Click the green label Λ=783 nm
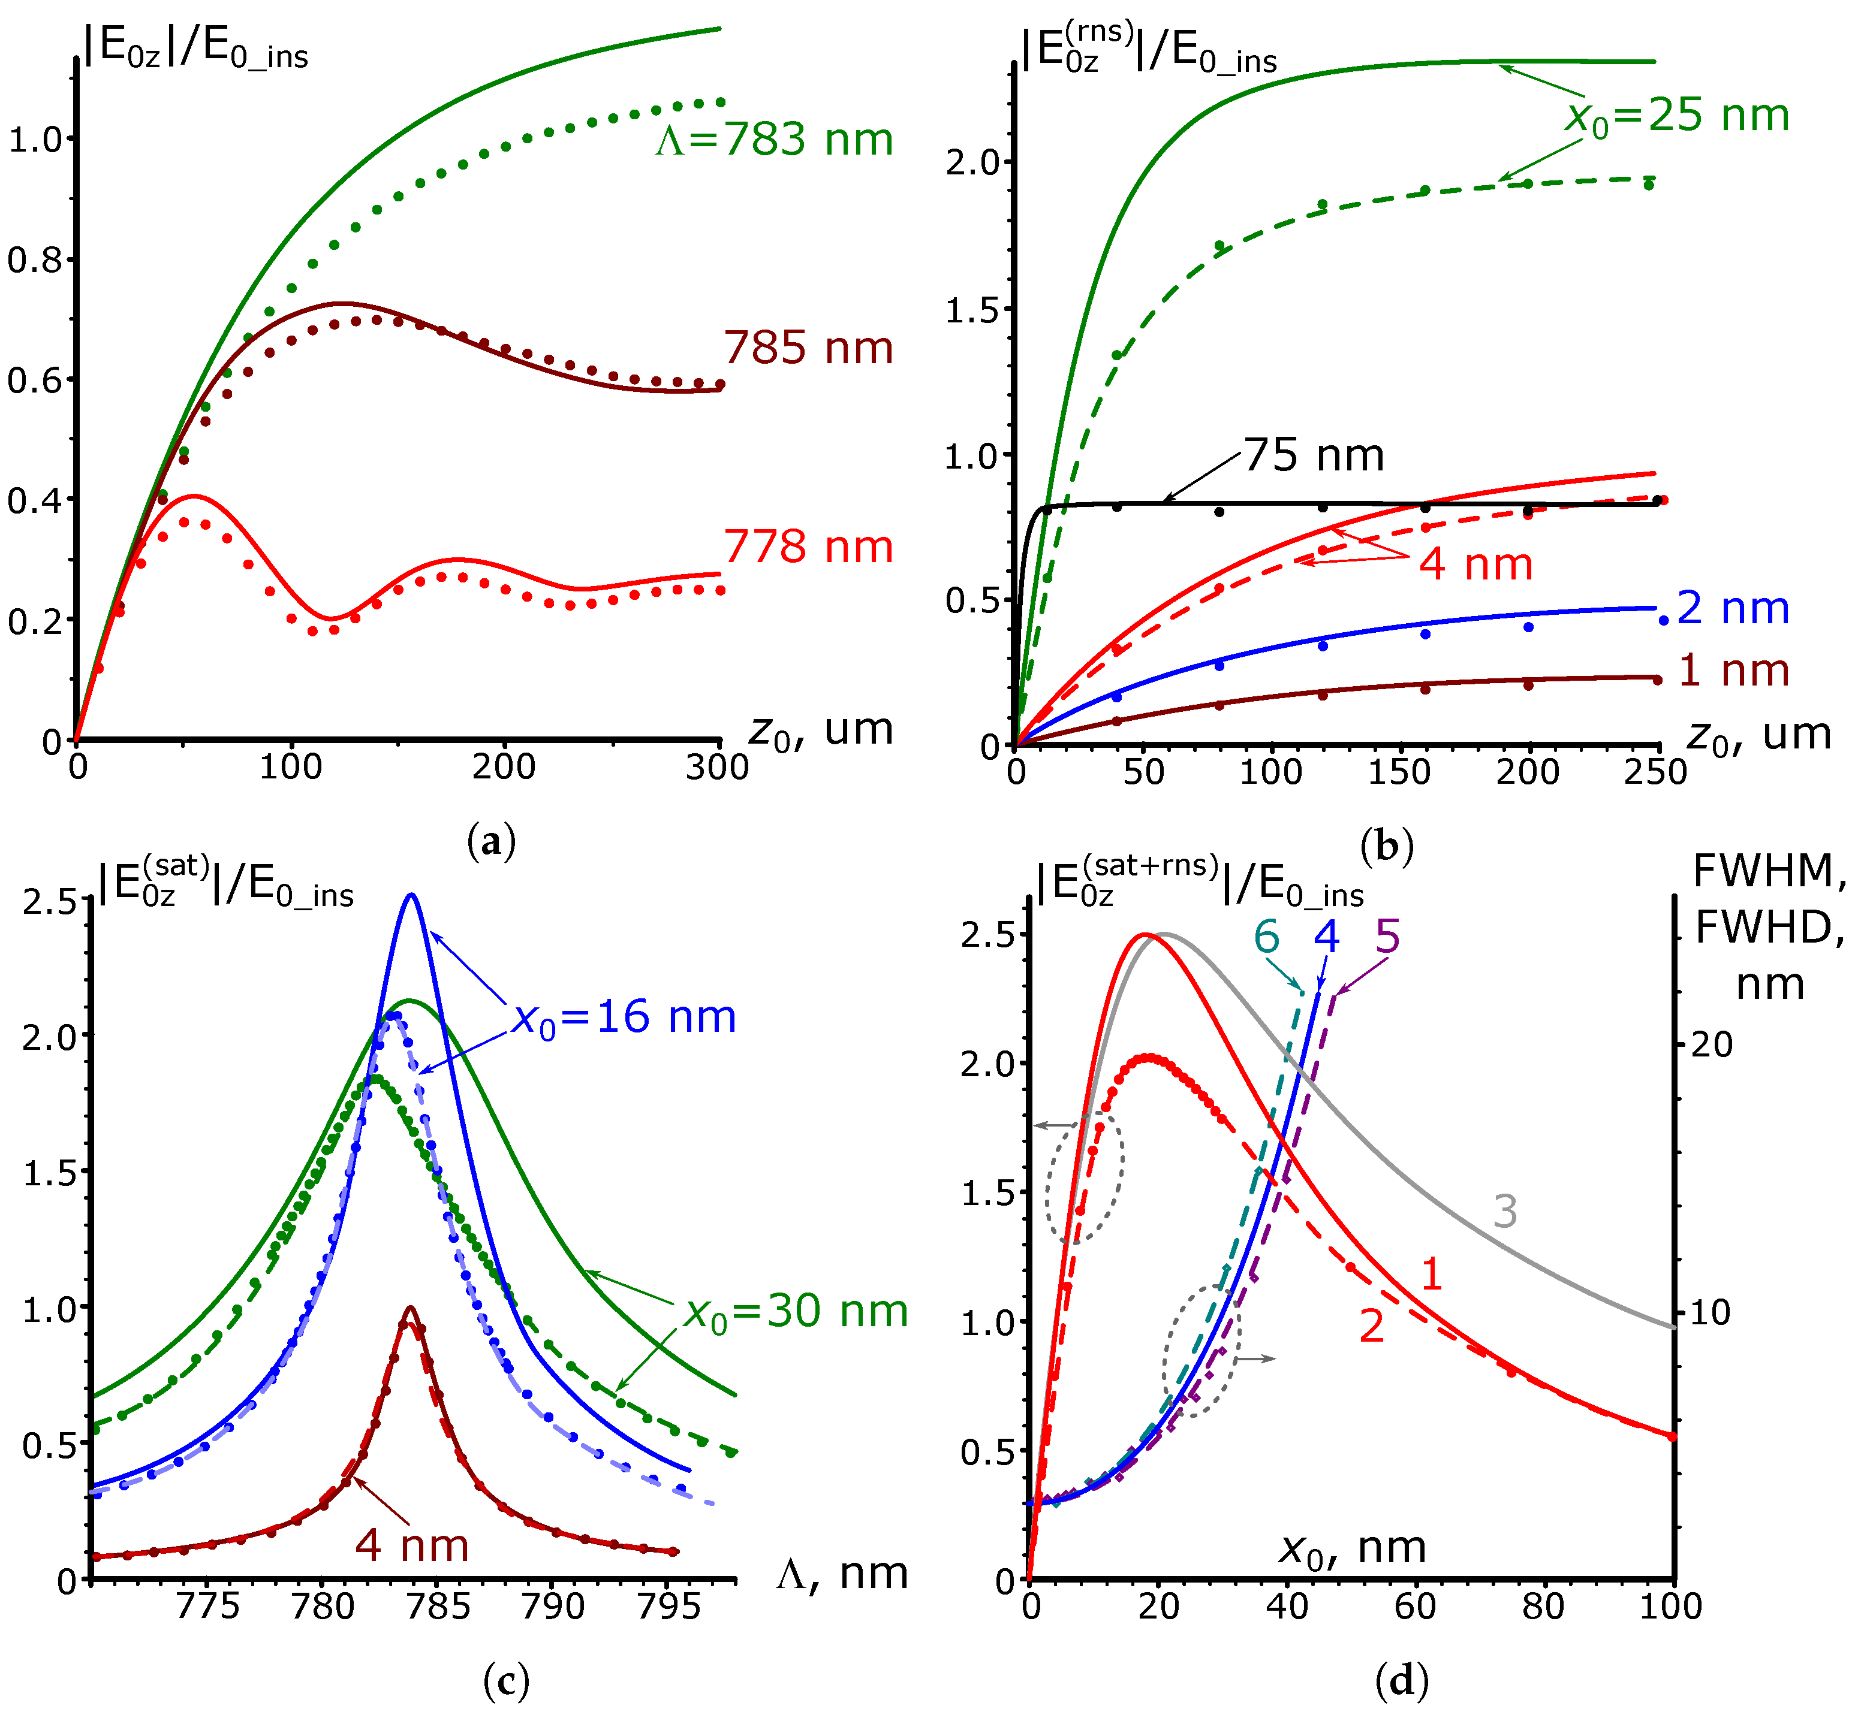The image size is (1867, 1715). (x=774, y=140)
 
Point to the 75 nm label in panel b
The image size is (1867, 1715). (x=1314, y=455)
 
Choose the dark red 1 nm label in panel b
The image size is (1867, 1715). (x=1733, y=671)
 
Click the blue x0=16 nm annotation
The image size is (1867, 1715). (x=625, y=1018)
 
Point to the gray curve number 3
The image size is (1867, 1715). (x=1505, y=1211)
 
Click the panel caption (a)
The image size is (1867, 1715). (x=492, y=842)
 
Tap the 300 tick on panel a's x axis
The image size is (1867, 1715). (x=718, y=768)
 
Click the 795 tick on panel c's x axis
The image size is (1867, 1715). (x=669, y=1607)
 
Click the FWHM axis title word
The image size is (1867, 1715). (x=1769, y=871)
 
